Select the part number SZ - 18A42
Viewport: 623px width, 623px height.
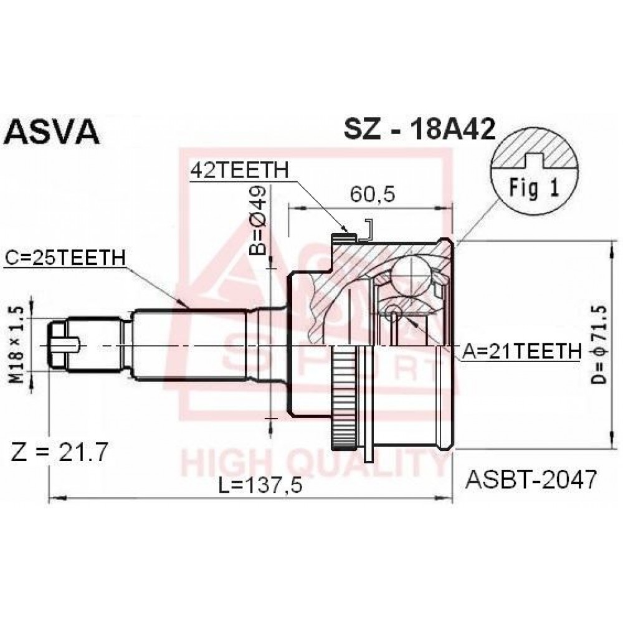[x=419, y=129]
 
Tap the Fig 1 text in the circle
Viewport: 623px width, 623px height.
[x=535, y=188]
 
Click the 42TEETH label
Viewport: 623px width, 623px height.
[x=240, y=171]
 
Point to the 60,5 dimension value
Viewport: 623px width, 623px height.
[x=373, y=194]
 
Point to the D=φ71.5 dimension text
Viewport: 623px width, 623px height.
[x=599, y=345]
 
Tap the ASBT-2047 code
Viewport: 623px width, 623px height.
[x=531, y=480]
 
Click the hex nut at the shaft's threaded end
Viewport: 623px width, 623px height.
[x=58, y=346]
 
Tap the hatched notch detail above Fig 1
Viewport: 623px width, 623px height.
[x=535, y=148]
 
